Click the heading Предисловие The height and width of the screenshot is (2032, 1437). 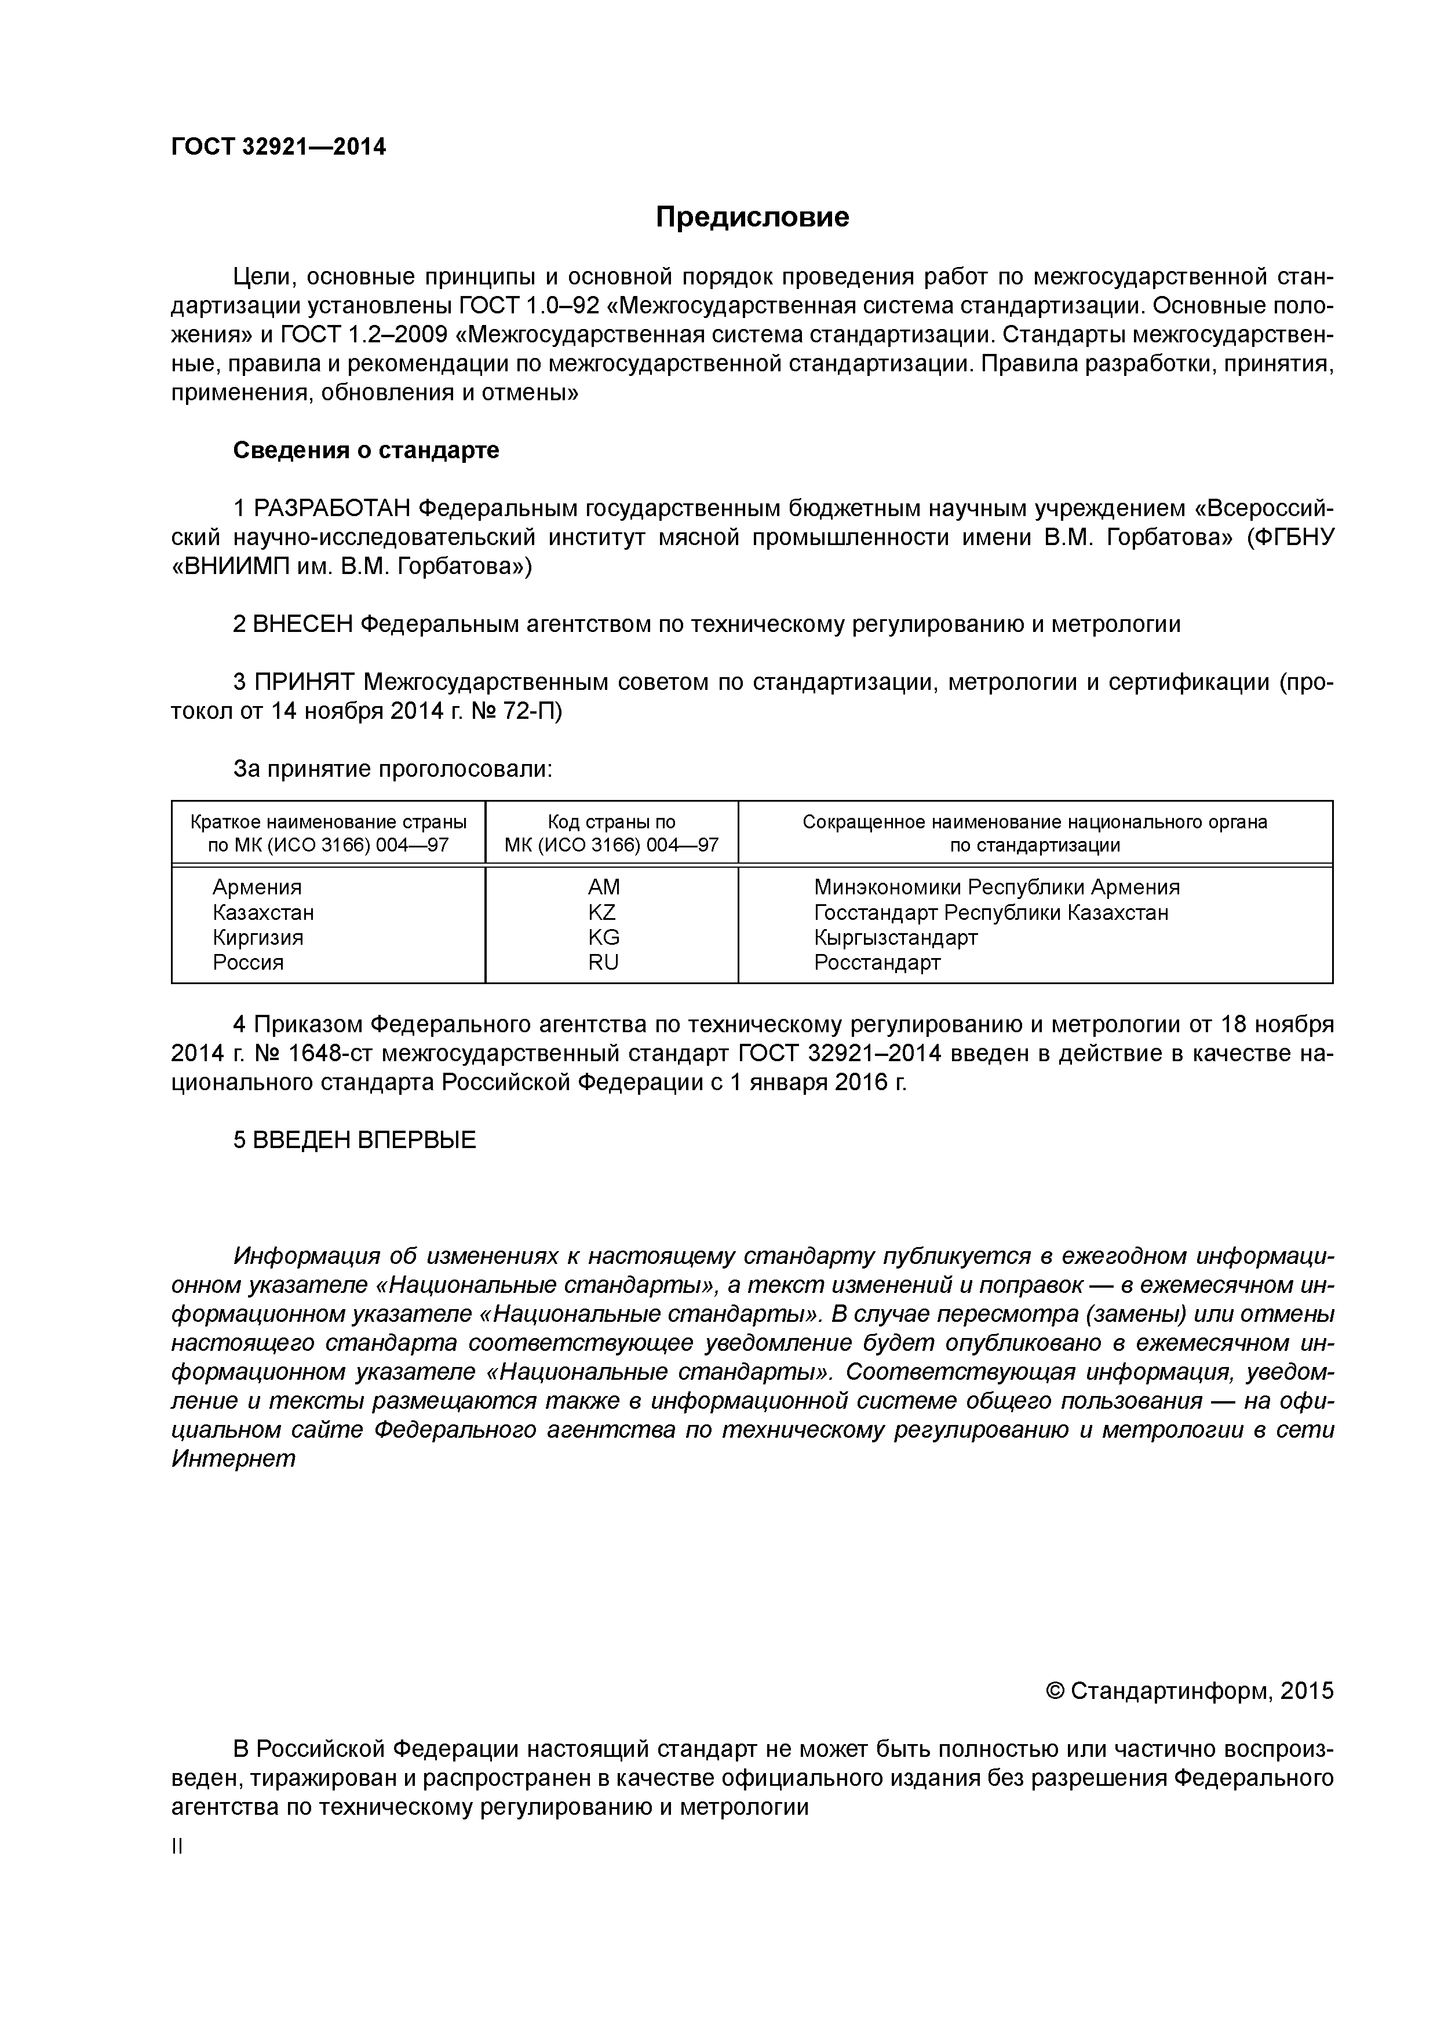pyautogui.click(x=752, y=218)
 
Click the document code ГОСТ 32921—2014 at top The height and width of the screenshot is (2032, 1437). pyautogui.click(x=278, y=147)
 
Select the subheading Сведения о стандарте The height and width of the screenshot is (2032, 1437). pyautogui.click(x=366, y=451)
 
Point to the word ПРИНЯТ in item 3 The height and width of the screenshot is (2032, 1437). pyautogui.click(x=305, y=682)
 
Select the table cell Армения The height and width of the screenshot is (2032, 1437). pyautogui.click(x=257, y=887)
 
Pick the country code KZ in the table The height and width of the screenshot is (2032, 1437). pyautogui.click(x=602, y=912)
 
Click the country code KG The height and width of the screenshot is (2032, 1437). pyautogui.click(x=603, y=937)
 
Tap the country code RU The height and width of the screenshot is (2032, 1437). pyautogui.click(x=603, y=963)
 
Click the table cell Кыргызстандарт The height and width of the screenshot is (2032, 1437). pyautogui.click(x=895, y=937)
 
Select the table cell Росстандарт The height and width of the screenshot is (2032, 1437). pyautogui.click(x=877, y=963)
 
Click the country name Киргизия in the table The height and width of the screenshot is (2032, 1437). pyautogui.click(x=258, y=937)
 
